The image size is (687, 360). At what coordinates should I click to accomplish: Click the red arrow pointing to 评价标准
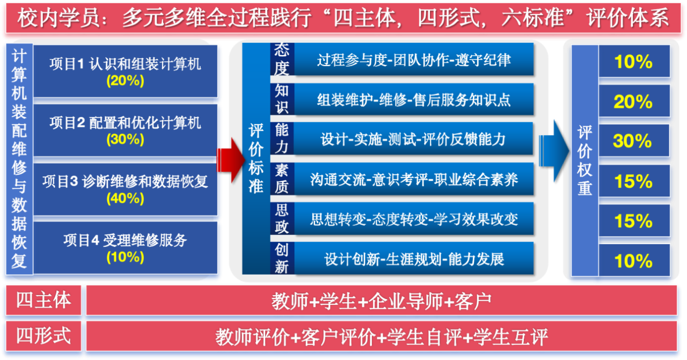click(x=231, y=159)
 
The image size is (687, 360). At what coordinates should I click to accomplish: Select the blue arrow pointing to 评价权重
click(x=554, y=151)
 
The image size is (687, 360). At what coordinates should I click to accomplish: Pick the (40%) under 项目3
click(x=125, y=199)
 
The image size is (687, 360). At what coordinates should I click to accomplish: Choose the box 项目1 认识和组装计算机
click(x=126, y=71)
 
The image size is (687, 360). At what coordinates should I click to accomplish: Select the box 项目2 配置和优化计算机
click(x=126, y=130)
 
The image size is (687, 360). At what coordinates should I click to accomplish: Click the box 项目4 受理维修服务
click(x=126, y=248)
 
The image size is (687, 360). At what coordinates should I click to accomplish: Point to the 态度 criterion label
click(x=282, y=59)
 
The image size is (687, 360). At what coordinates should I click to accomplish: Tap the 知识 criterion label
click(x=282, y=99)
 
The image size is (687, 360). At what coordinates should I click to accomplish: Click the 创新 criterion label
click(x=282, y=259)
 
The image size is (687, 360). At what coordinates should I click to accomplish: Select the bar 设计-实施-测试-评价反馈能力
click(x=414, y=139)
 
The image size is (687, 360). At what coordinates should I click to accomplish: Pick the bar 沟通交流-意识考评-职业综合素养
click(x=414, y=179)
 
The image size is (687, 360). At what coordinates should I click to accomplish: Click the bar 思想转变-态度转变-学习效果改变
click(x=414, y=219)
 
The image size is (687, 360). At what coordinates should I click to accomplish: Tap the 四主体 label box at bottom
click(x=43, y=300)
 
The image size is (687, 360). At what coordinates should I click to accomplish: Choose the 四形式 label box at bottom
click(x=43, y=336)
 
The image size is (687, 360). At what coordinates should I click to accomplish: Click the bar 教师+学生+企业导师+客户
click(x=382, y=300)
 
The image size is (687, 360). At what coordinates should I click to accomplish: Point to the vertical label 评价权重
click(x=584, y=160)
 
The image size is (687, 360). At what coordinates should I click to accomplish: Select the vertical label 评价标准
click(x=256, y=158)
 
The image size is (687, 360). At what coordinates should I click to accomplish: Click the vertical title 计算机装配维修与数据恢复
click(x=19, y=159)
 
